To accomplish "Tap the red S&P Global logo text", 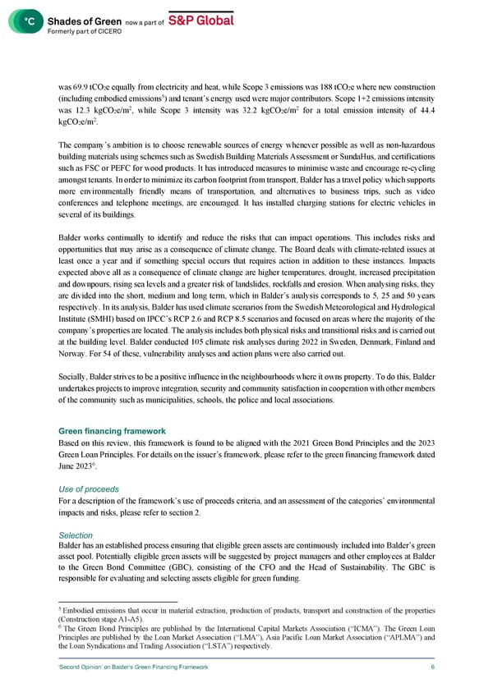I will (x=201, y=20).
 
